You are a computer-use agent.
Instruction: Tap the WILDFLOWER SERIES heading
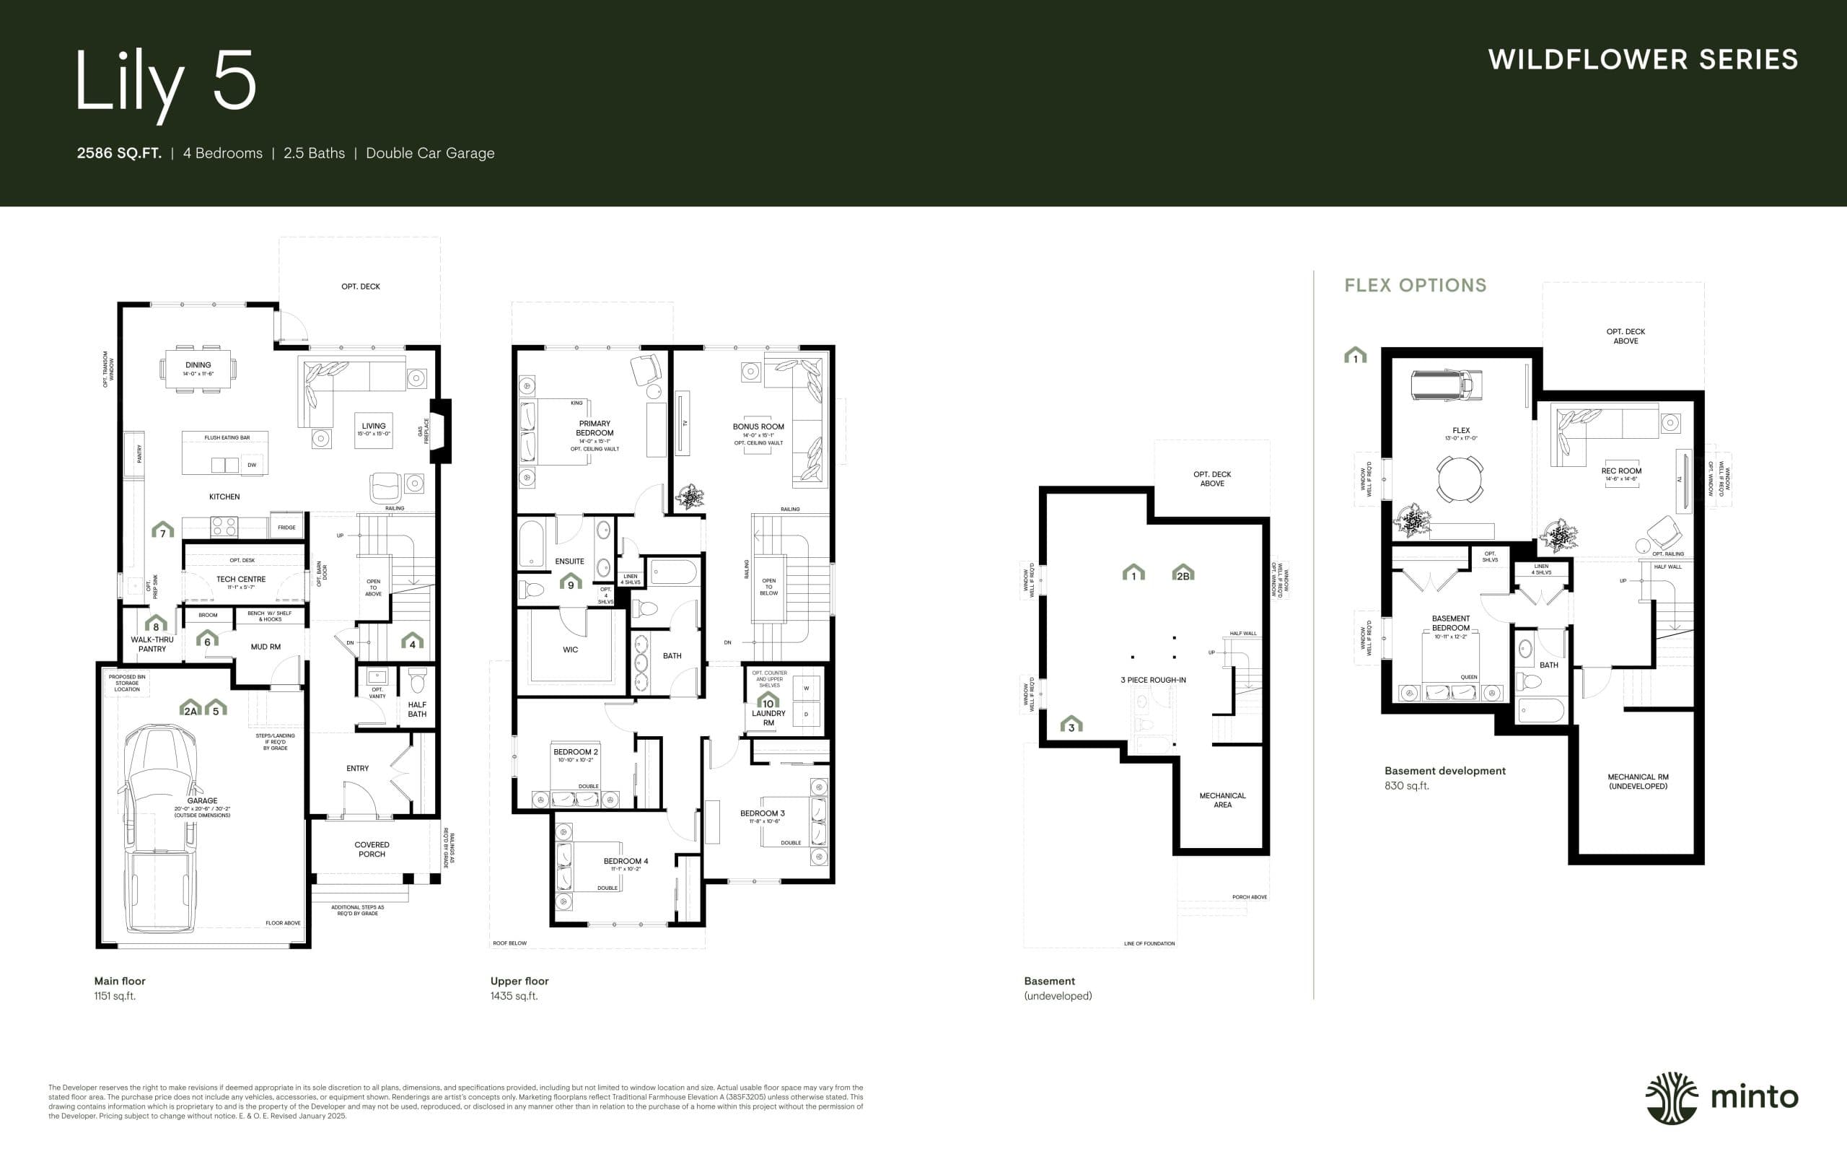click(x=1642, y=60)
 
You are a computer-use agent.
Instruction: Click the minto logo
click(x=1721, y=1098)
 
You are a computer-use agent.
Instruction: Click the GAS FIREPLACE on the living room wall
click(x=440, y=430)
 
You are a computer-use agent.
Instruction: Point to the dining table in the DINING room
click(x=198, y=369)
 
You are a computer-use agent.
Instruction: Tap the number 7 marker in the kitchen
click(x=162, y=531)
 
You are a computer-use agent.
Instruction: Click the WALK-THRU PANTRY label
click(x=152, y=644)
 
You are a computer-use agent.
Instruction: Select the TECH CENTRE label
click(x=241, y=580)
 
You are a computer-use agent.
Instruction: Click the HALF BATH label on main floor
click(x=416, y=709)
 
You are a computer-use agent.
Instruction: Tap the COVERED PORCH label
click(x=372, y=849)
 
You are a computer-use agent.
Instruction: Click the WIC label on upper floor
click(x=570, y=649)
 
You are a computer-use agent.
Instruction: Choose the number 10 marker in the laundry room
click(x=768, y=701)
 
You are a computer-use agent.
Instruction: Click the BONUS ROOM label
click(x=758, y=427)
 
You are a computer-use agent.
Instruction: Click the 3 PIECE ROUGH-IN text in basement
click(x=1153, y=680)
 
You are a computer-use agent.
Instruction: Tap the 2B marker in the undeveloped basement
click(x=1183, y=574)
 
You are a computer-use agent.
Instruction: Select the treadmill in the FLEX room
click(x=1446, y=385)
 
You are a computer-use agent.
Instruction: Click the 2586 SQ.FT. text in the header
click(x=119, y=154)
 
